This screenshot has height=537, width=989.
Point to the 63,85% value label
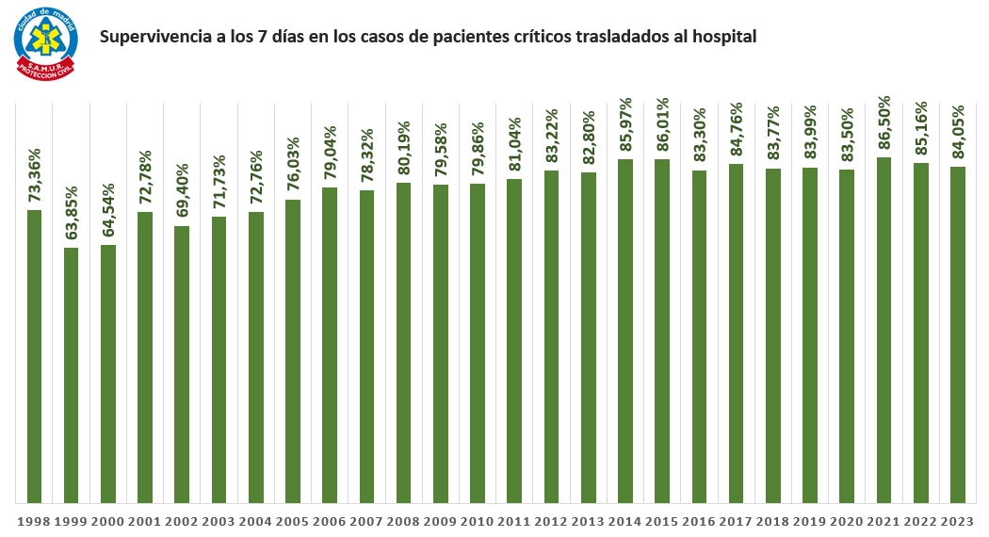pyautogui.click(x=72, y=215)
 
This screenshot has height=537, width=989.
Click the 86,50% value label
pyautogui.click(x=884, y=124)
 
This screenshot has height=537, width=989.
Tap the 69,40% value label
pyautogui.click(x=182, y=193)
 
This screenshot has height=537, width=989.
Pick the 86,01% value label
pyautogui.click(x=662, y=126)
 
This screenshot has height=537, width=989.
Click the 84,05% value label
pyautogui.click(x=958, y=134)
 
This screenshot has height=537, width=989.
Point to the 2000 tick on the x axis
pyautogui.click(x=107, y=520)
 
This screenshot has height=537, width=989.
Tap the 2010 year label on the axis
pyautogui.click(x=478, y=520)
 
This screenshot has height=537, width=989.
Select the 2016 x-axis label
pyautogui.click(x=699, y=520)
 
